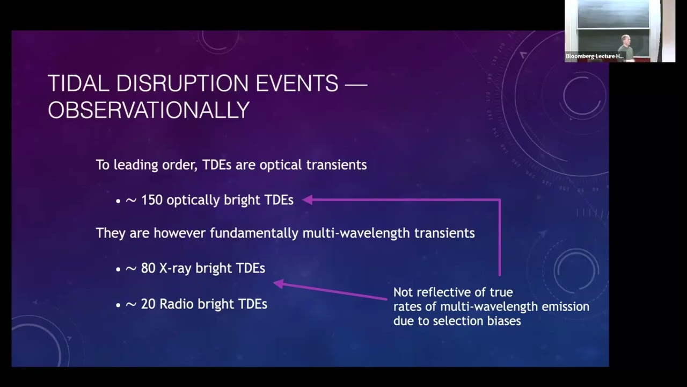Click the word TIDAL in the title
coord(78,84)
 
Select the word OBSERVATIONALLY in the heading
coord(149,110)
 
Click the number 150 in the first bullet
coord(152,200)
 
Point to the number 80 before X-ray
coord(148,268)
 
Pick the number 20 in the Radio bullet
coord(148,304)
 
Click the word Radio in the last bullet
coord(178,304)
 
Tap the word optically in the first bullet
coord(193,200)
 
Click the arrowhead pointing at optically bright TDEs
coord(307,200)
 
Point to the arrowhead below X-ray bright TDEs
coord(279,283)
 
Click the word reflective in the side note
coord(442,292)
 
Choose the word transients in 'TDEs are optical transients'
coord(336,164)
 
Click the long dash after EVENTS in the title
coord(355,84)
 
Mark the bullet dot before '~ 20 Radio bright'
coord(118,305)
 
